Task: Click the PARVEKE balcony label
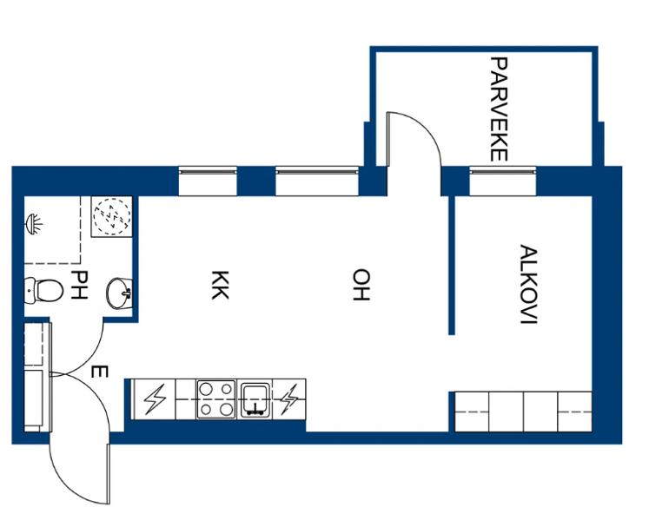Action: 499,109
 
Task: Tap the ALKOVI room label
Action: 528,285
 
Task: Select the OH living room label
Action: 361,285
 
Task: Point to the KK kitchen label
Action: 220,285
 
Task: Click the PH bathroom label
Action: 79,285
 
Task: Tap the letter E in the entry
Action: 99,372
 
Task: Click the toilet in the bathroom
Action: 43,289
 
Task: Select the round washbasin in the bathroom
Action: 120,293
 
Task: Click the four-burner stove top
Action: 216,399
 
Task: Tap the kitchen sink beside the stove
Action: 255,399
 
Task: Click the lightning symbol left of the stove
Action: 155,399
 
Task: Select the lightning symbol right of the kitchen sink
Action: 289,399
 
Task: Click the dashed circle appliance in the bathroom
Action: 112,216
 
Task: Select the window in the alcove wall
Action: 502,181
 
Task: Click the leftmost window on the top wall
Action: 208,181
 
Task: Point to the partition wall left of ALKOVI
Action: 452,265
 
